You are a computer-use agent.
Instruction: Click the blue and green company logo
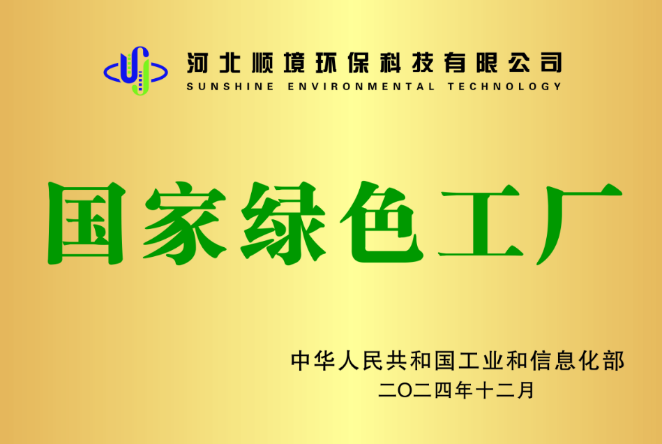tap(135, 71)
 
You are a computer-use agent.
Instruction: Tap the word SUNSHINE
tap(230, 87)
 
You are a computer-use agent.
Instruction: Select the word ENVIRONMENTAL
tap(361, 87)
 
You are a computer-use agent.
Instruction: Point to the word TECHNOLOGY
tap(504, 87)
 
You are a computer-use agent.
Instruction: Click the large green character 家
tap(185, 223)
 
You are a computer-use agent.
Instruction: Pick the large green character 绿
tap(283, 223)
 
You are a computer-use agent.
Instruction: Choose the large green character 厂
tap(579, 224)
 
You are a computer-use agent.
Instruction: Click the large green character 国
tap(86, 223)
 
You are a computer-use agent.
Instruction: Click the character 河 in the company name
tap(197, 63)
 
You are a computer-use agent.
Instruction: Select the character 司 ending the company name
tap(551, 63)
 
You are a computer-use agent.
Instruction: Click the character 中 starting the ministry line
tap(301, 361)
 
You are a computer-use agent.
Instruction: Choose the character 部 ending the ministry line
tap(614, 361)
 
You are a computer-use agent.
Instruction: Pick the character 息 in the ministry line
tap(566, 361)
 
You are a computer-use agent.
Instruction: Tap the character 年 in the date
tap(463, 390)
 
